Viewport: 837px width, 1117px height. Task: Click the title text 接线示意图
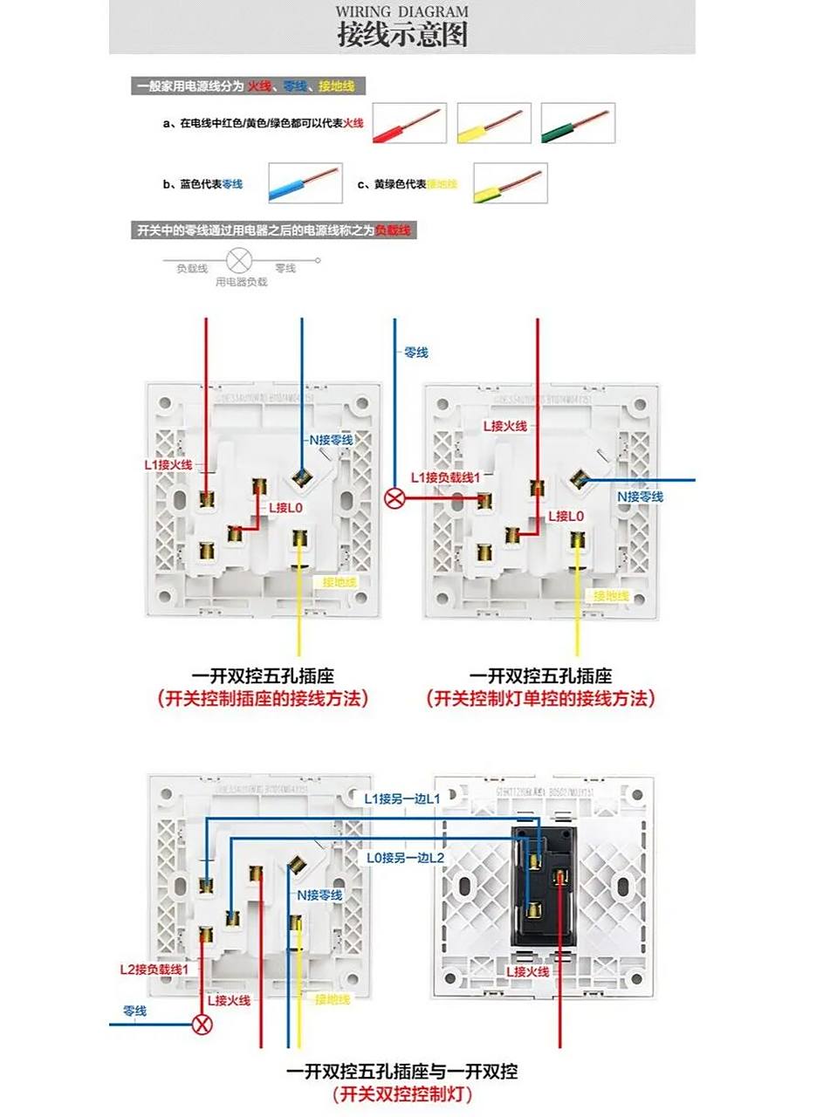click(402, 35)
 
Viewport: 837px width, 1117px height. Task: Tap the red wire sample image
click(409, 123)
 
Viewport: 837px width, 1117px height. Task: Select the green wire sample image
click(577, 123)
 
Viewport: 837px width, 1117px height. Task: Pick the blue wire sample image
click(305, 183)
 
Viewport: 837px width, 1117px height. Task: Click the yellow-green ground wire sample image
click(510, 183)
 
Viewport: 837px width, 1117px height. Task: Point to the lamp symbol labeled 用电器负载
click(239, 260)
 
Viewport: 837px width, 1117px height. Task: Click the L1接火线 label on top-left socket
click(168, 465)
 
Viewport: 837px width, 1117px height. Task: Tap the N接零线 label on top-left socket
click(331, 440)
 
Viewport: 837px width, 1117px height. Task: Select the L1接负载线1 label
click(445, 477)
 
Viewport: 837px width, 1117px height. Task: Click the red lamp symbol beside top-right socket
click(395, 498)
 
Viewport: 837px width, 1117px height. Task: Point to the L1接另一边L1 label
click(402, 798)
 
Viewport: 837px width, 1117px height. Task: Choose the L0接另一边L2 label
click(405, 858)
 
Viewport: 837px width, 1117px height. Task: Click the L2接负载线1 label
click(154, 970)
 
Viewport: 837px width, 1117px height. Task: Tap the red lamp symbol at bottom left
click(202, 1024)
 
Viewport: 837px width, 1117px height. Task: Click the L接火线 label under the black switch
click(528, 971)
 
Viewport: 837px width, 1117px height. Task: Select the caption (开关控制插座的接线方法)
click(263, 698)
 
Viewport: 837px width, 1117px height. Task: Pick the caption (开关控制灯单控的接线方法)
click(540, 698)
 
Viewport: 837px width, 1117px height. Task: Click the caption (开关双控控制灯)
click(402, 1094)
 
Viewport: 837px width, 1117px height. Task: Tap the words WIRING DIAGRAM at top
click(402, 11)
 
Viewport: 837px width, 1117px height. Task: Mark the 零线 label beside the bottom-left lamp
click(134, 1011)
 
